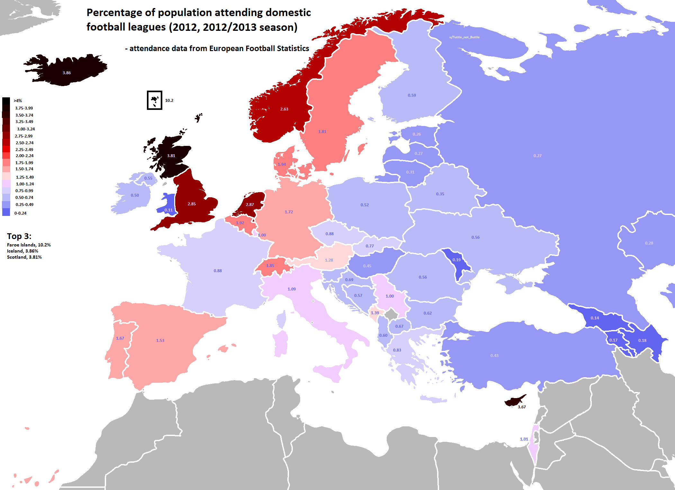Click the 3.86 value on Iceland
tap(67, 73)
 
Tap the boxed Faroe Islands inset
tap(155, 100)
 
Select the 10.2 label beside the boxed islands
tap(169, 101)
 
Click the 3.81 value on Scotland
tap(171, 156)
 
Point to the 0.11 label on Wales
tap(168, 210)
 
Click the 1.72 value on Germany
tap(289, 212)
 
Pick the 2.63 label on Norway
tap(284, 109)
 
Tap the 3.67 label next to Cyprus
tap(522, 407)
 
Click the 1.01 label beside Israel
tap(524, 439)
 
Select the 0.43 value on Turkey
tap(494, 356)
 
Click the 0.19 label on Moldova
tap(456, 260)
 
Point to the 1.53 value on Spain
tap(160, 341)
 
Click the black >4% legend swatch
tap(6, 101)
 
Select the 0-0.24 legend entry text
tap(20, 213)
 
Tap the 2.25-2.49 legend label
tap(24, 150)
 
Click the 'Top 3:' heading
tap(19, 236)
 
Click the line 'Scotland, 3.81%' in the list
tap(24, 257)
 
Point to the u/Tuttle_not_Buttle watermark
tap(464, 37)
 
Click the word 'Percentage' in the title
tap(114, 13)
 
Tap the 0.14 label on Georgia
tap(595, 318)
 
